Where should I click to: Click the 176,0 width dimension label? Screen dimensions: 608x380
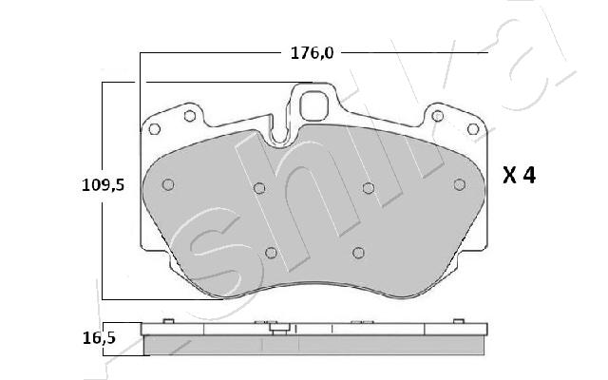[312, 53]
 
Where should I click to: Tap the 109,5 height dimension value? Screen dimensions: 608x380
[103, 185]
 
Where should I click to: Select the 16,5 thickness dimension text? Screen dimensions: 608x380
[99, 338]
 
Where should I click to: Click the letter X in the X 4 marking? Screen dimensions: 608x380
[509, 176]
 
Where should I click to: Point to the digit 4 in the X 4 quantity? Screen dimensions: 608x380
[529, 175]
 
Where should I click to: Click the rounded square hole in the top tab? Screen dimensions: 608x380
[314, 105]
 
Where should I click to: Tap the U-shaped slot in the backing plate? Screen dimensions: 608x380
[279, 132]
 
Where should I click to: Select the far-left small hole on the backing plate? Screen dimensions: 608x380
[154, 129]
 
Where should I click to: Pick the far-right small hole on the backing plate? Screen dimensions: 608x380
[473, 129]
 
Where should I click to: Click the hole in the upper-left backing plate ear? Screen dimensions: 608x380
[190, 116]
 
